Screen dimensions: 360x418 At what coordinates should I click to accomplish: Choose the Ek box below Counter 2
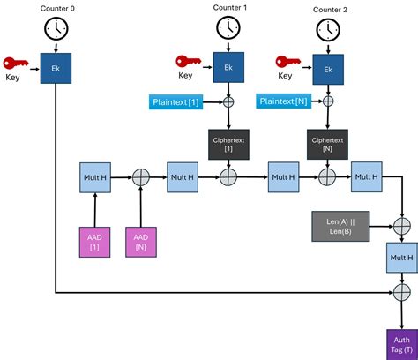coord(327,69)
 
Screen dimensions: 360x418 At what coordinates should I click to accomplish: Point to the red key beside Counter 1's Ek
coord(188,62)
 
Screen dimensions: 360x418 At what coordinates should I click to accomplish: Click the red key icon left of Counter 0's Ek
coord(17,63)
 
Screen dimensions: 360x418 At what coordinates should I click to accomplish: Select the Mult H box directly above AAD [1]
coord(93,176)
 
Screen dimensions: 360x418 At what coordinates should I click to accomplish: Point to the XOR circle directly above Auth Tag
coord(402,292)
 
